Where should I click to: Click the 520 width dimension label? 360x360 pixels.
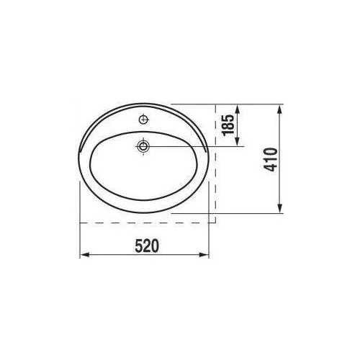(x=147, y=246)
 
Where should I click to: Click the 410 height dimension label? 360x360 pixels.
(x=271, y=160)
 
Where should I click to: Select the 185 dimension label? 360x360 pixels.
(x=228, y=125)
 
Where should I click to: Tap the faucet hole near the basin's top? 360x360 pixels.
(x=143, y=120)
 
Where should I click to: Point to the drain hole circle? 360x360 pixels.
(x=143, y=146)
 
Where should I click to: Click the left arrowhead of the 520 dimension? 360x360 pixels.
(x=84, y=255)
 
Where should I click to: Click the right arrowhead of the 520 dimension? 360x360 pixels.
(x=204, y=255)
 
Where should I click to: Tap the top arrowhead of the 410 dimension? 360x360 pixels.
(x=279, y=109)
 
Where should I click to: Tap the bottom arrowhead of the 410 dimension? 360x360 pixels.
(x=279, y=208)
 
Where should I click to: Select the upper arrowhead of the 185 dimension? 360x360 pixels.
(x=238, y=109)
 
